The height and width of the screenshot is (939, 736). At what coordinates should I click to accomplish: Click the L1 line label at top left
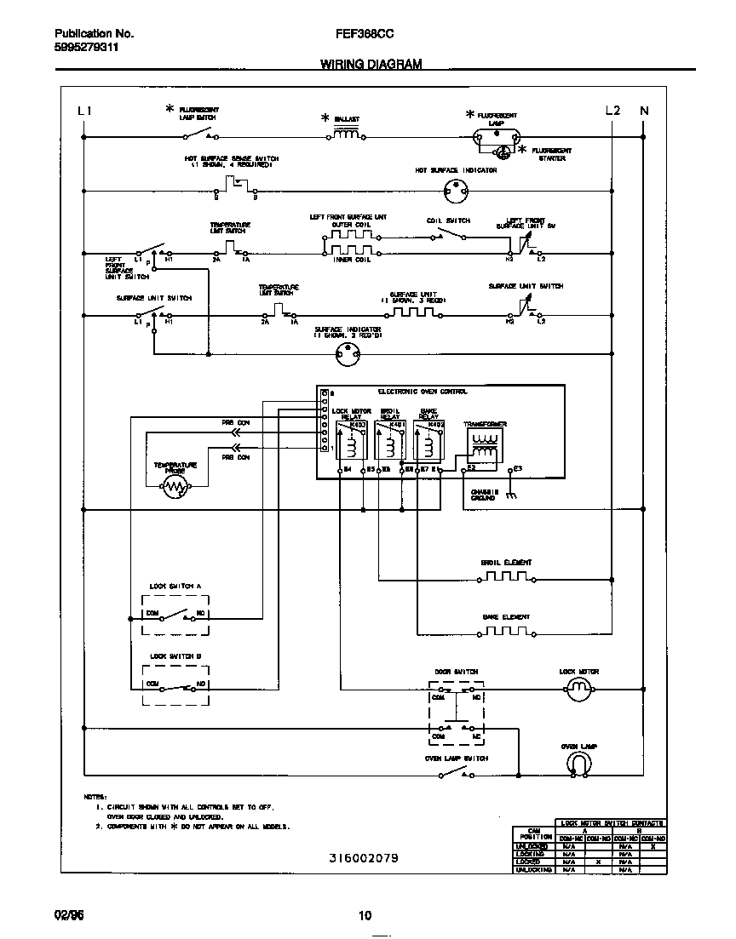click(83, 111)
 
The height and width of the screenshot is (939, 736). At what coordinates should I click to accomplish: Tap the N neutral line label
click(644, 111)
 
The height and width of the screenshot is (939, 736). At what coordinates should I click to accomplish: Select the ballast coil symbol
click(345, 134)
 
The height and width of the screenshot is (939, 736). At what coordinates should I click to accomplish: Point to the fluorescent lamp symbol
click(497, 135)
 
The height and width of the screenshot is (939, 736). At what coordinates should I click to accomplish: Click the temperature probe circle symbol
click(175, 487)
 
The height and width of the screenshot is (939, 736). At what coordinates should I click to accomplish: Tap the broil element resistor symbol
click(506, 576)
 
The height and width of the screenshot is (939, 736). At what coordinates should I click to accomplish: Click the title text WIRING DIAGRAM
click(371, 64)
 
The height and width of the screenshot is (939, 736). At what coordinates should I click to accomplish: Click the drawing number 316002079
click(363, 858)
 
